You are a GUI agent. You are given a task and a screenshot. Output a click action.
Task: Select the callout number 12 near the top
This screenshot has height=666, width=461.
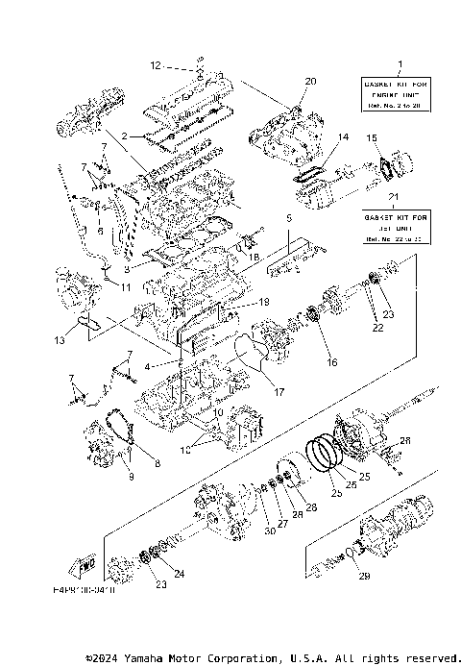click(154, 66)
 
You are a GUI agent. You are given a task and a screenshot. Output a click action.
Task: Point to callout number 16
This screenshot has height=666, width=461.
click(332, 363)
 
